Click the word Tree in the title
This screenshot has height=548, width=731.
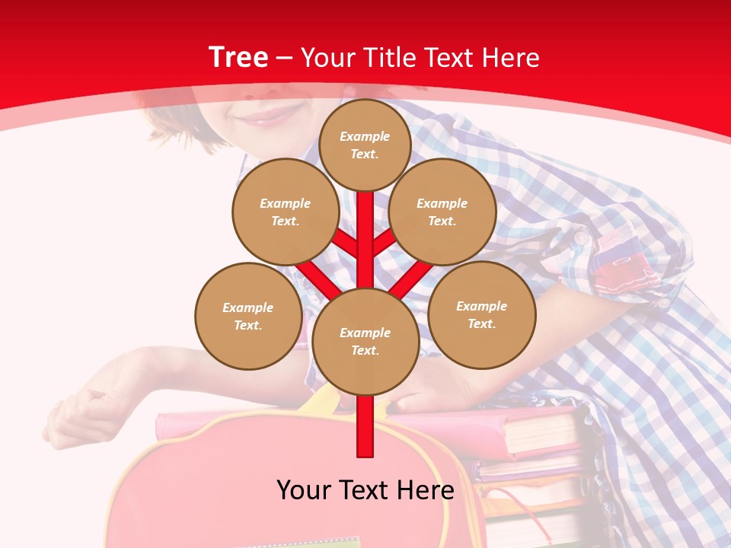pos(238,58)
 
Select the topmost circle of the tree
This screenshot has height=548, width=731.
pos(365,145)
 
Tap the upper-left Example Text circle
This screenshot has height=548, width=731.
pos(286,212)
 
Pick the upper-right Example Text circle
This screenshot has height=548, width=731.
pos(442,212)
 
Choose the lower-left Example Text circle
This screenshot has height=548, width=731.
pos(248,316)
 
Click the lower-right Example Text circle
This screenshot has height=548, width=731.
pos(482,314)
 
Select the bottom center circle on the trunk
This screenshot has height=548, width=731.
pos(365,341)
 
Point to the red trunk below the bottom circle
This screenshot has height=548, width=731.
pos(365,426)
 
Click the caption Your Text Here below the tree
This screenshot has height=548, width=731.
pos(365,490)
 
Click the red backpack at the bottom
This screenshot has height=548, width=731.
pos(190,487)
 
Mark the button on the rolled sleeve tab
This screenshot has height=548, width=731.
pos(582,238)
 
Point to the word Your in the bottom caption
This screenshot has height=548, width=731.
pos(305,490)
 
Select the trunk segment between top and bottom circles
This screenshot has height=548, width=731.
pos(365,244)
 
